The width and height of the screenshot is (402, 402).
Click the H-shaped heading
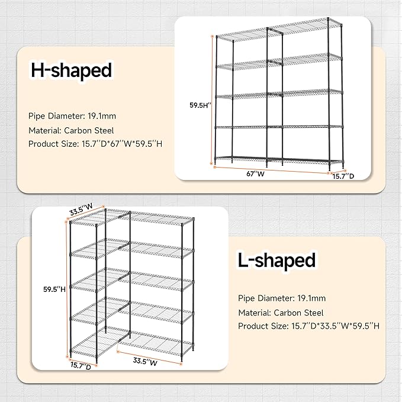tap(71, 71)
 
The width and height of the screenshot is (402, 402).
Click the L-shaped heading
tap(276, 260)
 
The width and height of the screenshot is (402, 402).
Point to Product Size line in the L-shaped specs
tap(308, 326)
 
